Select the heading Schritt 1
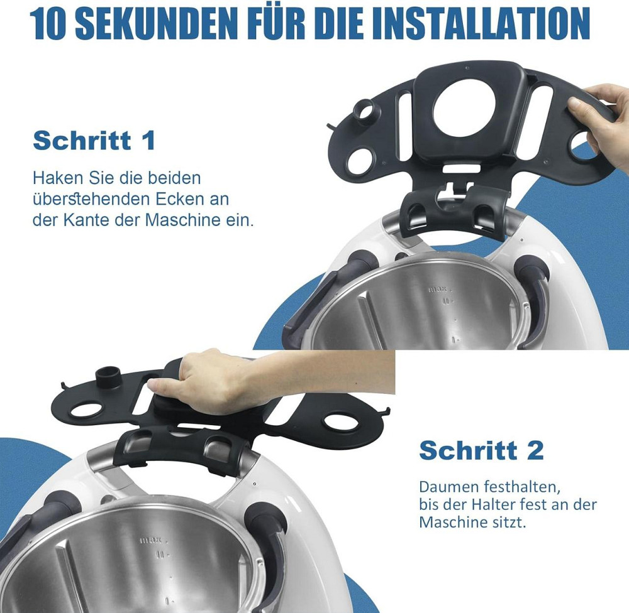click(x=94, y=141)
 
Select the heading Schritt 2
click(x=481, y=450)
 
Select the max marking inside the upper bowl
click(x=437, y=289)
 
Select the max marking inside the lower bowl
click(x=151, y=541)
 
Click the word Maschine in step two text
click(x=452, y=523)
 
